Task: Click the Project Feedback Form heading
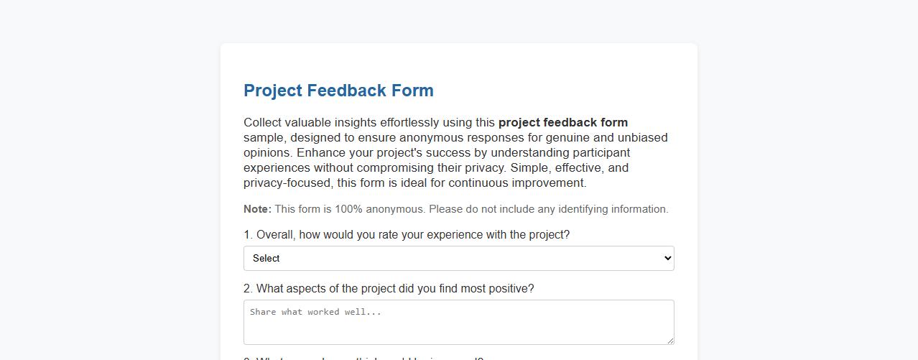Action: (x=338, y=91)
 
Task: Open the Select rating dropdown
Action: (x=458, y=259)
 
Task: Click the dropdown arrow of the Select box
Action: (x=667, y=259)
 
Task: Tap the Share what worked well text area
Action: (x=458, y=322)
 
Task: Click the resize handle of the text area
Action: (x=670, y=341)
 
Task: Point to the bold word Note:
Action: (x=257, y=209)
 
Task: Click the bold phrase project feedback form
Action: (x=562, y=122)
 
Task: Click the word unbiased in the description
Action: (x=643, y=137)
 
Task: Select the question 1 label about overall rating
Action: (x=407, y=235)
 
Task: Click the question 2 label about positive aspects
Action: (x=389, y=289)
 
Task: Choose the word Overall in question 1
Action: (x=274, y=235)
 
